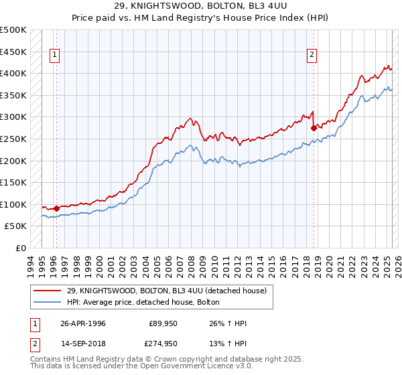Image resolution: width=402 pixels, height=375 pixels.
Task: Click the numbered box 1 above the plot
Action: [x=54, y=56]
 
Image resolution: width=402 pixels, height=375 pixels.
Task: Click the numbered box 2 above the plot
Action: [x=312, y=56]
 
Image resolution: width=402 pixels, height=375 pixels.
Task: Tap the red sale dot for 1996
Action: [x=56, y=208]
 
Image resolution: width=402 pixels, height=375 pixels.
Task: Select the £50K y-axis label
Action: [x=16, y=226]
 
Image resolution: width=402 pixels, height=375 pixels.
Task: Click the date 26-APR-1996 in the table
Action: [x=82, y=323]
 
